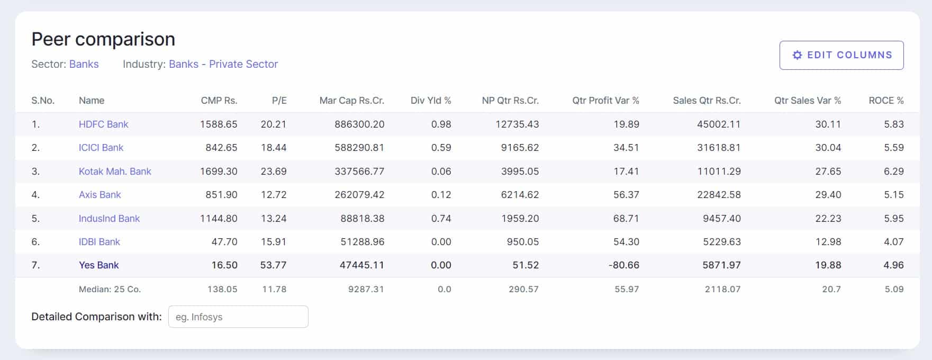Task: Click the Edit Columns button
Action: (x=841, y=55)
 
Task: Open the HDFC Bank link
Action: (x=103, y=124)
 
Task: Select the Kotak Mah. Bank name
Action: (x=115, y=172)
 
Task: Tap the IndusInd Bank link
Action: (x=109, y=219)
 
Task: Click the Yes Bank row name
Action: (x=98, y=265)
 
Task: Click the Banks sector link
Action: (x=84, y=64)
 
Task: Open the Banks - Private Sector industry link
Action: (x=223, y=64)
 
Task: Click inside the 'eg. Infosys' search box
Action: (x=238, y=317)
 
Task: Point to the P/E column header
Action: (x=279, y=101)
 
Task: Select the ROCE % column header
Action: (x=886, y=101)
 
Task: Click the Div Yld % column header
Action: (x=431, y=101)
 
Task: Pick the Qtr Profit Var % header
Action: (x=605, y=101)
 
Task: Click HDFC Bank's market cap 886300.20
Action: (x=359, y=124)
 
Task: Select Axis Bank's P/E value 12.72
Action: (x=273, y=195)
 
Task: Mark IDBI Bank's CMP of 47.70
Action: (x=224, y=242)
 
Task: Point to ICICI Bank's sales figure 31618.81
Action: (x=719, y=148)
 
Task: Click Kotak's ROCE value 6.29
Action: (x=893, y=172)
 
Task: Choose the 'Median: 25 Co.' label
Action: (x=110, y=289)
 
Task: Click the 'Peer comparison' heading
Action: (x=103, y=39)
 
